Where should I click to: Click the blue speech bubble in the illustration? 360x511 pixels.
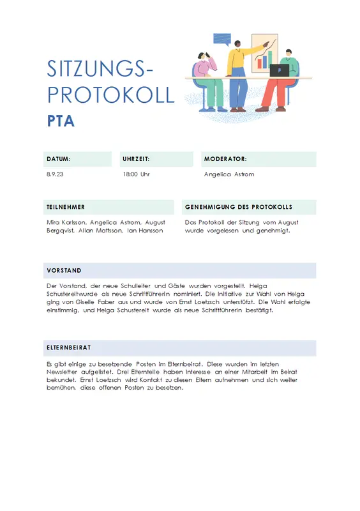(x=221, y=38)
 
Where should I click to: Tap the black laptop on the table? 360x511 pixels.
(x=279, y=70)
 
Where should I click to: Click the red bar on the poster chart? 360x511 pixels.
(x=260, y=63)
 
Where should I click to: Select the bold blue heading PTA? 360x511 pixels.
(x=61, y=121)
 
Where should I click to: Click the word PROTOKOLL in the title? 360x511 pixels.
(x=110, y=95)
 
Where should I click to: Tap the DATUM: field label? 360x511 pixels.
(x=58, y=159)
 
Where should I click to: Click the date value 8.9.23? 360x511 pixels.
(x=55, y=174)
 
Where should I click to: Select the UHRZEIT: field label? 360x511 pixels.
(x=136, y=159)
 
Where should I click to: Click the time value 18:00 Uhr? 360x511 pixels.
(x=136, y=174)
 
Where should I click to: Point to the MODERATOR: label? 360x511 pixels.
(x=225, y=159)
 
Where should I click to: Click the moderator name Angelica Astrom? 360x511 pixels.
(x=229, y=174)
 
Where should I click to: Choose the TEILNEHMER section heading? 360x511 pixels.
(x=66, y=207)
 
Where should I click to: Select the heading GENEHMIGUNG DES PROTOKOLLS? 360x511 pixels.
(x=239, y=207)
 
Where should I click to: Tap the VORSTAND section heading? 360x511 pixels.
(x=64, y=270)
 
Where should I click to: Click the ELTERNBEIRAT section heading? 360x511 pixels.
(x=69, y=347)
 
